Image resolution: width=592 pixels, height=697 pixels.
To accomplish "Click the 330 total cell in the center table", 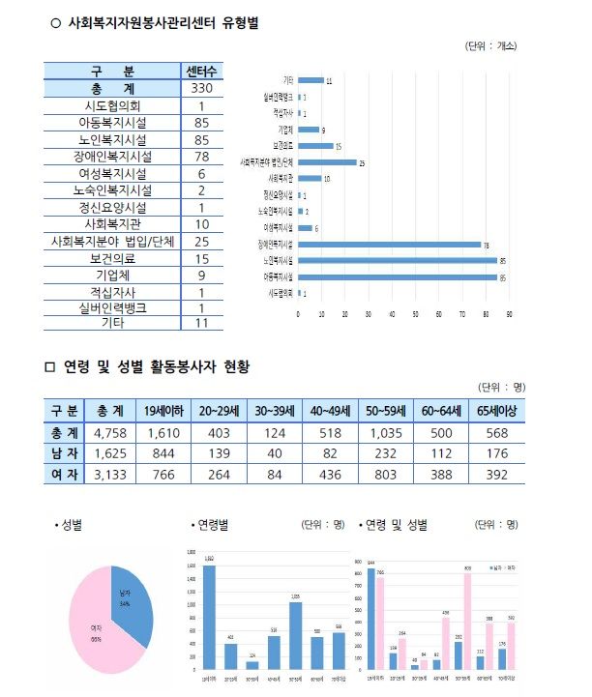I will [202, 88].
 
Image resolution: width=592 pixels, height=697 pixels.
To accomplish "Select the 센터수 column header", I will [202, 71].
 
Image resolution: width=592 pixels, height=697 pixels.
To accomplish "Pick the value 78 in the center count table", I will [202, 157].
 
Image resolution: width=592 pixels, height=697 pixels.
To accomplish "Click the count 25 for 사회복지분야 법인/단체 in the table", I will [202, 241].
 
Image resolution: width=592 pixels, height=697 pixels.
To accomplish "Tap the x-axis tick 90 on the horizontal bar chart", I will [508, 315].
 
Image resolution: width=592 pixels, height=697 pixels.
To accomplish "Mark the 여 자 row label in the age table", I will [64, 474].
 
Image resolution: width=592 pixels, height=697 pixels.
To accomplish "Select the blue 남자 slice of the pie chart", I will [133, 604].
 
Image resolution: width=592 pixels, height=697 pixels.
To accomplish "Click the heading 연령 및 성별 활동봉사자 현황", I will [156, 367].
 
